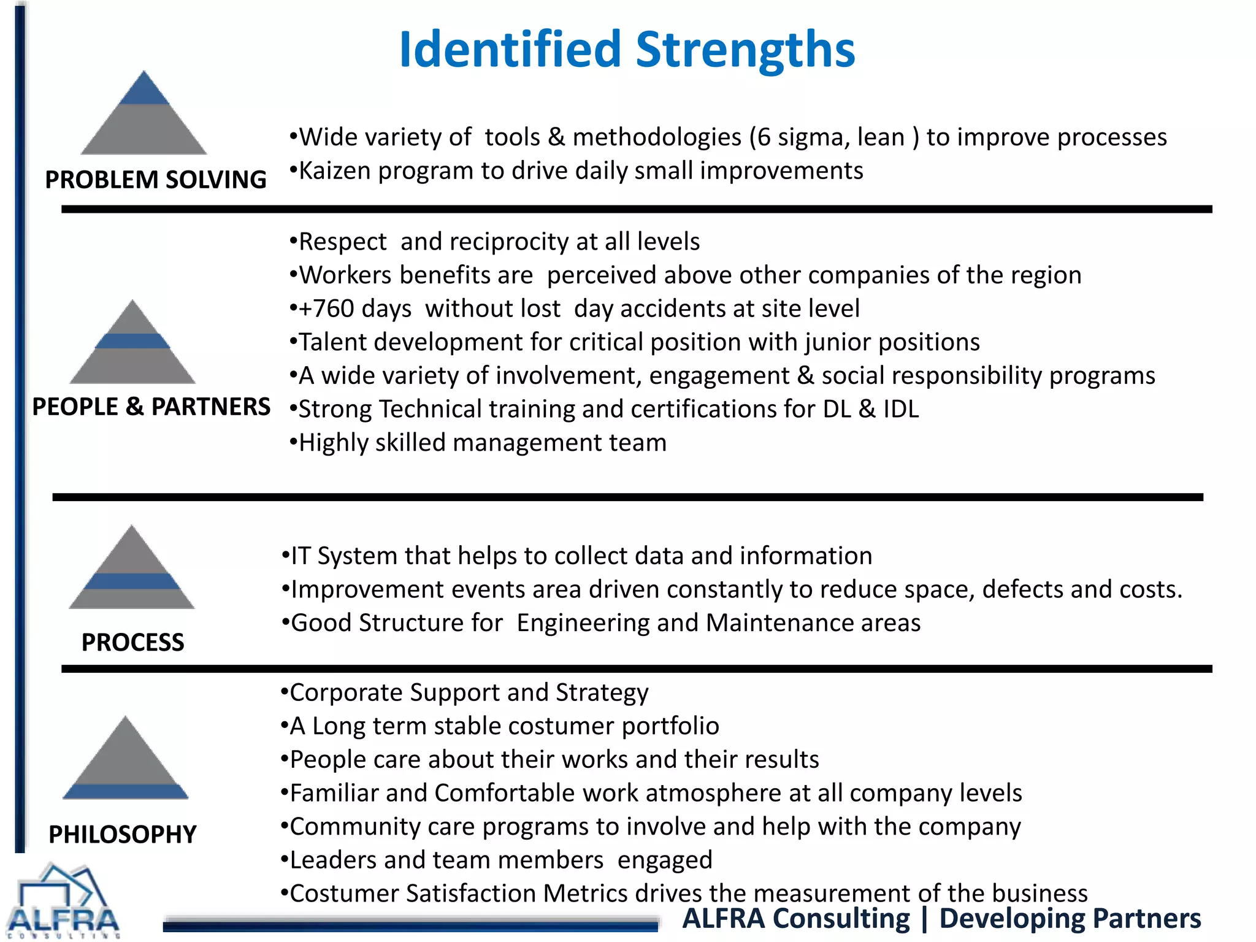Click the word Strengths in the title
(745, 50)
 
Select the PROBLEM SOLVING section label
(156, 180)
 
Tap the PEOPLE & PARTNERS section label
(151, 407)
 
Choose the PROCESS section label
(132, 642)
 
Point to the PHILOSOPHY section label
(123, 834)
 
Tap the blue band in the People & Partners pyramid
(132, 341)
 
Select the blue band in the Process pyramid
(131, 581)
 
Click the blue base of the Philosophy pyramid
(126, 791)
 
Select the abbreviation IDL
(900, 409)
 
